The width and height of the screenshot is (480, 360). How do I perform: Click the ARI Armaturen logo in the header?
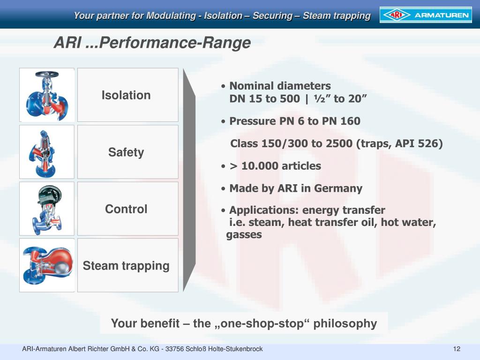(x=425, y=15)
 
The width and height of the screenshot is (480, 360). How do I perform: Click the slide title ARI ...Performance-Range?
(x=152, y=43)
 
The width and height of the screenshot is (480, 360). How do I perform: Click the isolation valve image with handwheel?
(x=47, y=95)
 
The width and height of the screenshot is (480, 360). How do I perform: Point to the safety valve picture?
(x=47, y=152)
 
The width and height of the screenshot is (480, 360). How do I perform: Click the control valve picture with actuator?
(x=47, y=209)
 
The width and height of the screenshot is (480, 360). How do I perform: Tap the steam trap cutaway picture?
(x=47, y=265)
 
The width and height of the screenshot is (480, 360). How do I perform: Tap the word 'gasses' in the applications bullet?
(x=244, y=235)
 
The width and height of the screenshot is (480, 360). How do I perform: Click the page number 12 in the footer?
(x=457, y=349)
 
